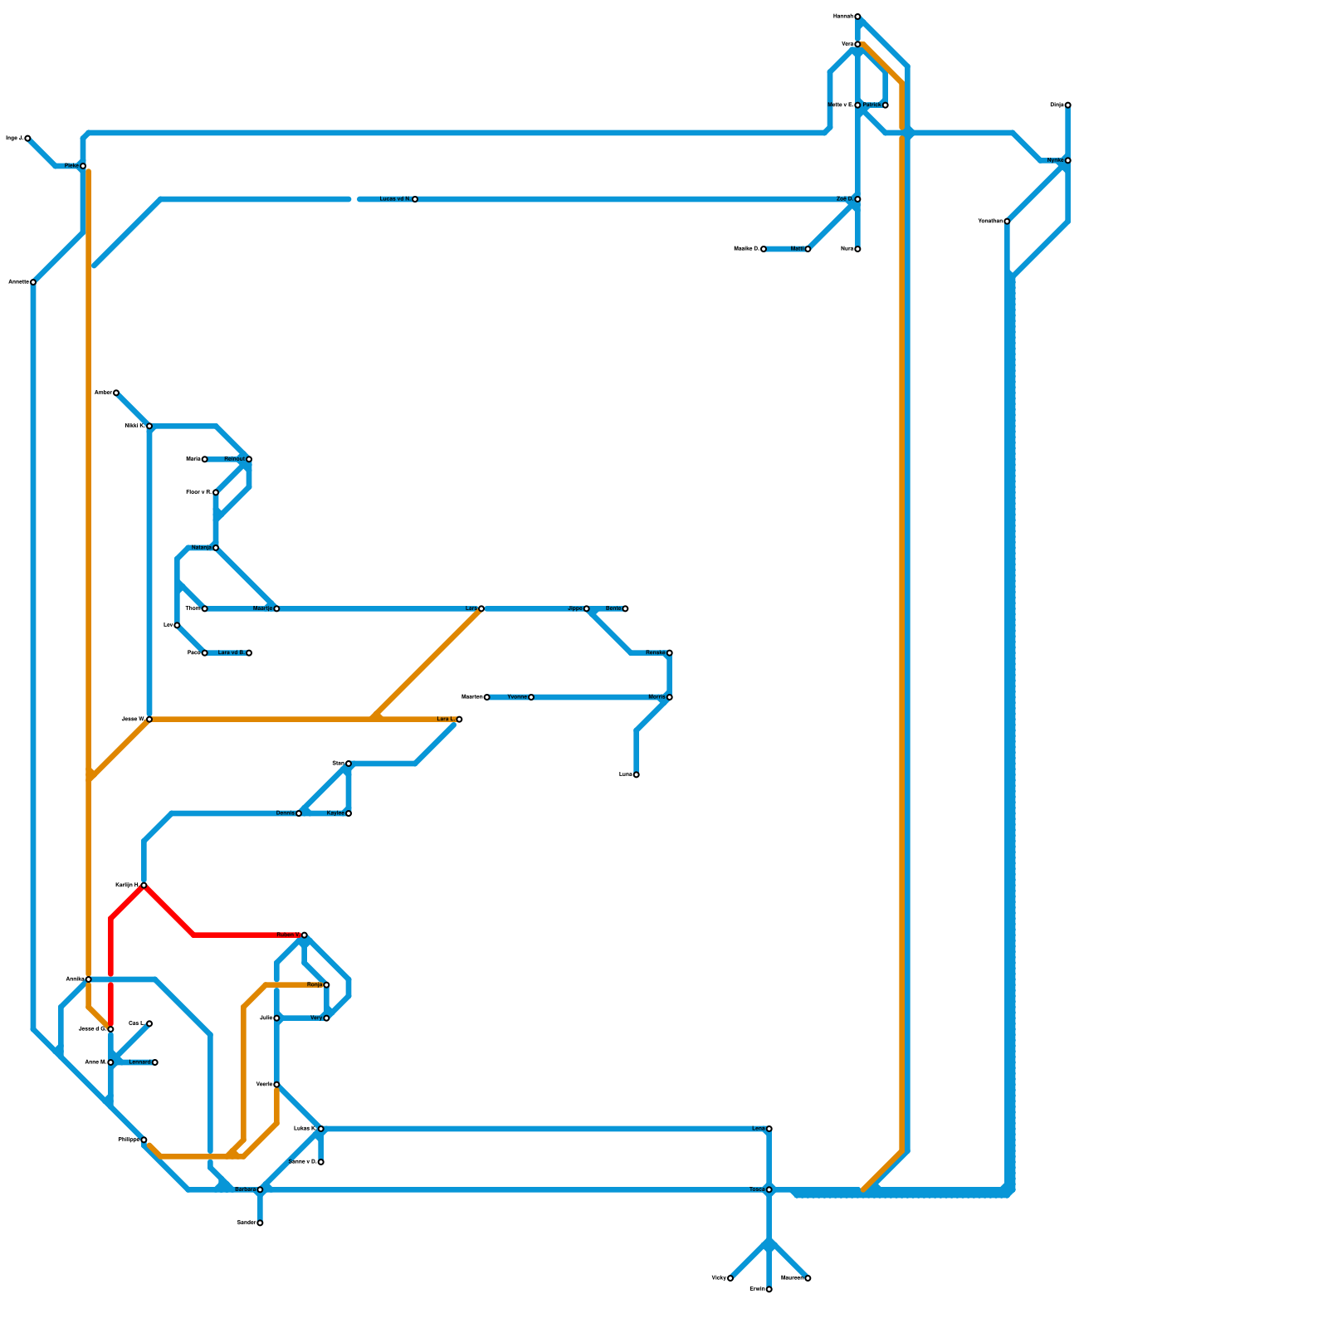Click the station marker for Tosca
(769, 1189)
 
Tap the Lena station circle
(769, 1129)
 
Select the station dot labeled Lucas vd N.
(414, 199)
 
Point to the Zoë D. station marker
(857, 199)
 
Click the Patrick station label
(871, 105)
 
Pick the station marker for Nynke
(1067, 160)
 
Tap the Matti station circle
(808, 249)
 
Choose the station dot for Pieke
(83, 166)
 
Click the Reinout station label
(234, 459)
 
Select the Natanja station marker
(216, 548)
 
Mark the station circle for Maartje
(276, 608)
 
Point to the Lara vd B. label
(231, 653)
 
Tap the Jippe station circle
(586, 608)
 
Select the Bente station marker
(625, 608)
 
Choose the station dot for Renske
(669, 653)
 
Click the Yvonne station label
(517, 697)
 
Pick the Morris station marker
(669, 697)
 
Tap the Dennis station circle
(299, 813)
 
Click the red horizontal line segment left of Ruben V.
(241, 935)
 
